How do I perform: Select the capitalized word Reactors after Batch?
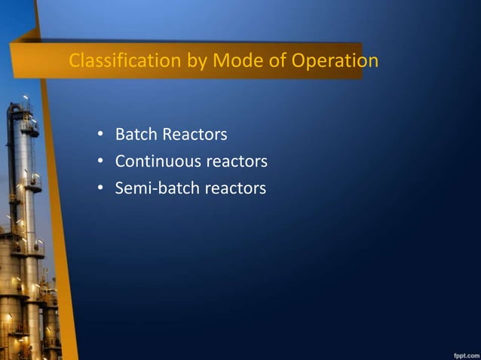click(195, 135)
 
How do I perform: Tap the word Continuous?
click(158, 161)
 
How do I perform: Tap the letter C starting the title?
click(74, 60)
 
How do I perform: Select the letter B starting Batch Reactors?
click(120, 135)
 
